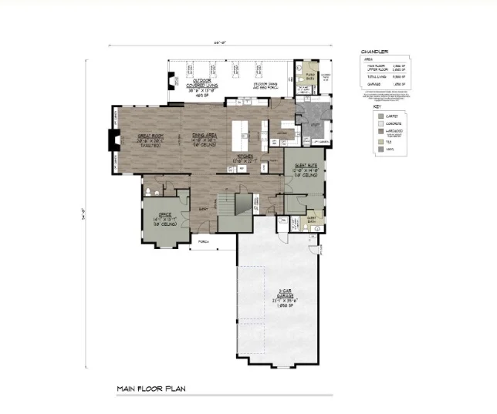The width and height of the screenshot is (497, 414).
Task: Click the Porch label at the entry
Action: click(x=204, y=241)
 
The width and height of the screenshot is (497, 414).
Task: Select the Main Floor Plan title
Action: click(x=150, y=389)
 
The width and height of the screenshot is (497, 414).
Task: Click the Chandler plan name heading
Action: click(x=374, y=52)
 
